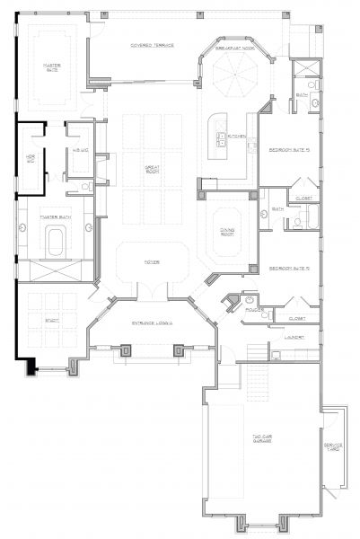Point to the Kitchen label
click(237, 136)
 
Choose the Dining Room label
click(228, 231)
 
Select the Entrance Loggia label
click(151, 322)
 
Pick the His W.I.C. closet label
click(80, 150)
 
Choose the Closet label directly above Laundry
click(297, 318)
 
